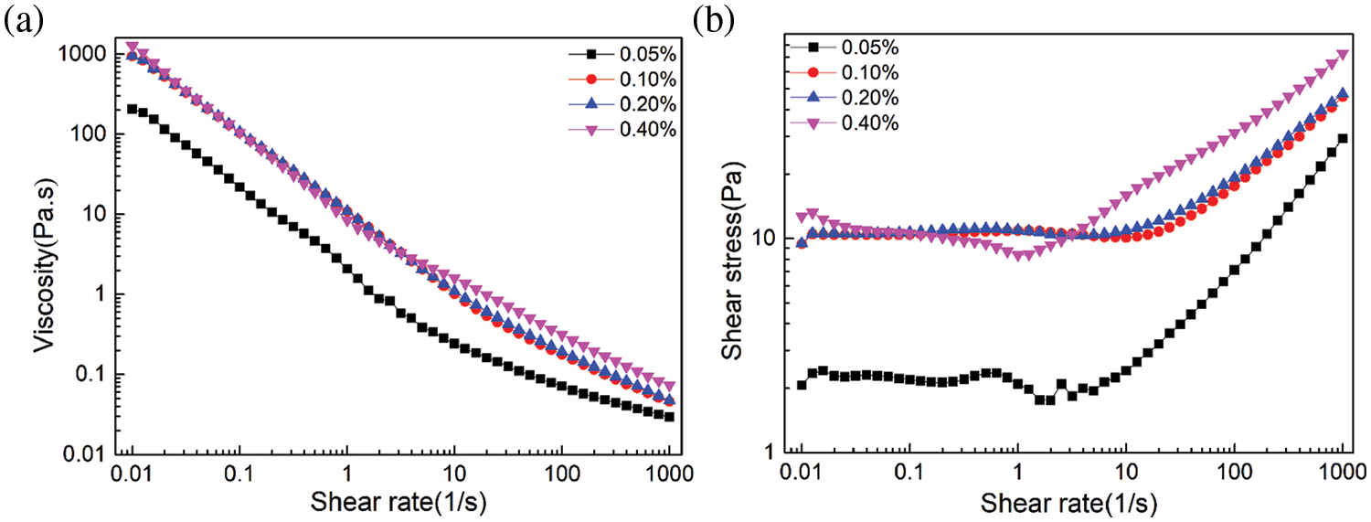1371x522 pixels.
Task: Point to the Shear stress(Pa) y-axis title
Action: pyautogui.click(x=731, y=251)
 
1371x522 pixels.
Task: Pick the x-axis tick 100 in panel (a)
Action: pyautogui.click(x=560, y=474)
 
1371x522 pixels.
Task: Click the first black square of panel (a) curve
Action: pyautogui.click(x=133, y=109)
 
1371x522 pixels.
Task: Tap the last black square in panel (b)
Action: pyautogui.click(x=1343, y=138)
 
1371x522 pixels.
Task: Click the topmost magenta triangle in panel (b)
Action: pyautogui.click(x=1343, y=55)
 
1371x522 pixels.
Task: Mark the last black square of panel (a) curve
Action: pyautogui.click(x=670, y=417)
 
